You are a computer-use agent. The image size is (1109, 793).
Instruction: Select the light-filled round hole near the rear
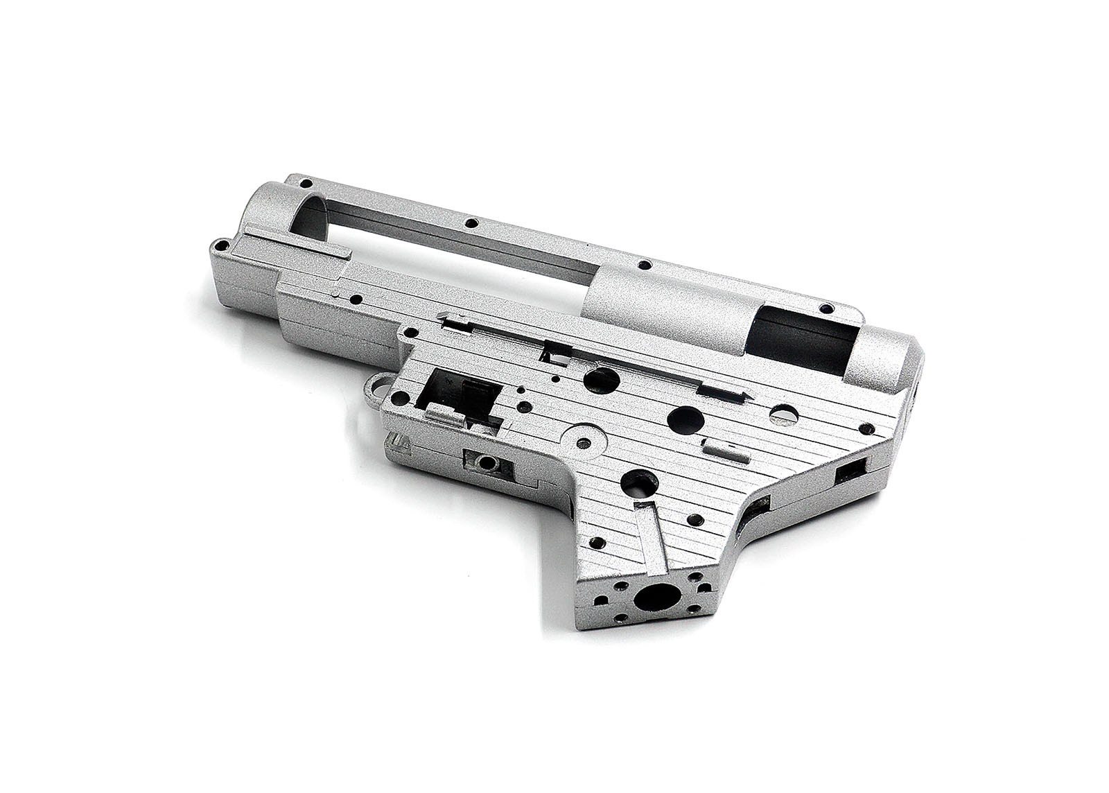[x=786, y=413]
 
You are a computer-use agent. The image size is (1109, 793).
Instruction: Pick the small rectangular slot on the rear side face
[x=852, y=474]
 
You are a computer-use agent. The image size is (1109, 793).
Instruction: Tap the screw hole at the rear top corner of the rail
[x=825, y=308]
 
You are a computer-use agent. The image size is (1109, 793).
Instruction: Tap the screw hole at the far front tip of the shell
[x=223, y=243]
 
